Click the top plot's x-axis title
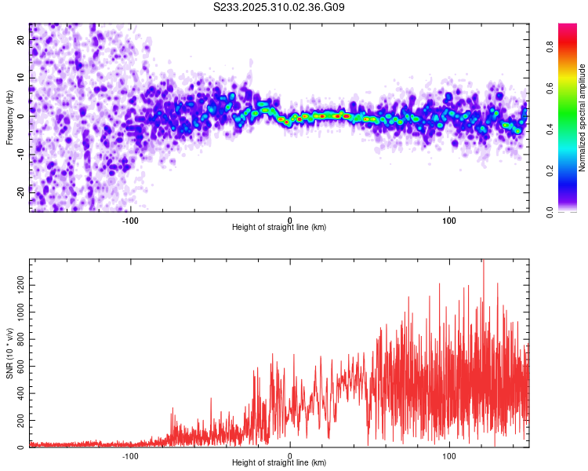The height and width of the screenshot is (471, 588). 279,228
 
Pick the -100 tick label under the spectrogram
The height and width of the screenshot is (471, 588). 130,219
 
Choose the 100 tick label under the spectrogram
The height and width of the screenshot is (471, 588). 449,219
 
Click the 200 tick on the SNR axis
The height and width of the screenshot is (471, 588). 19,420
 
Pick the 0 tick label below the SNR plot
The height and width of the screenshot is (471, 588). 290,455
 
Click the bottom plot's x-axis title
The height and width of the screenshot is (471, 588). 279,464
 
